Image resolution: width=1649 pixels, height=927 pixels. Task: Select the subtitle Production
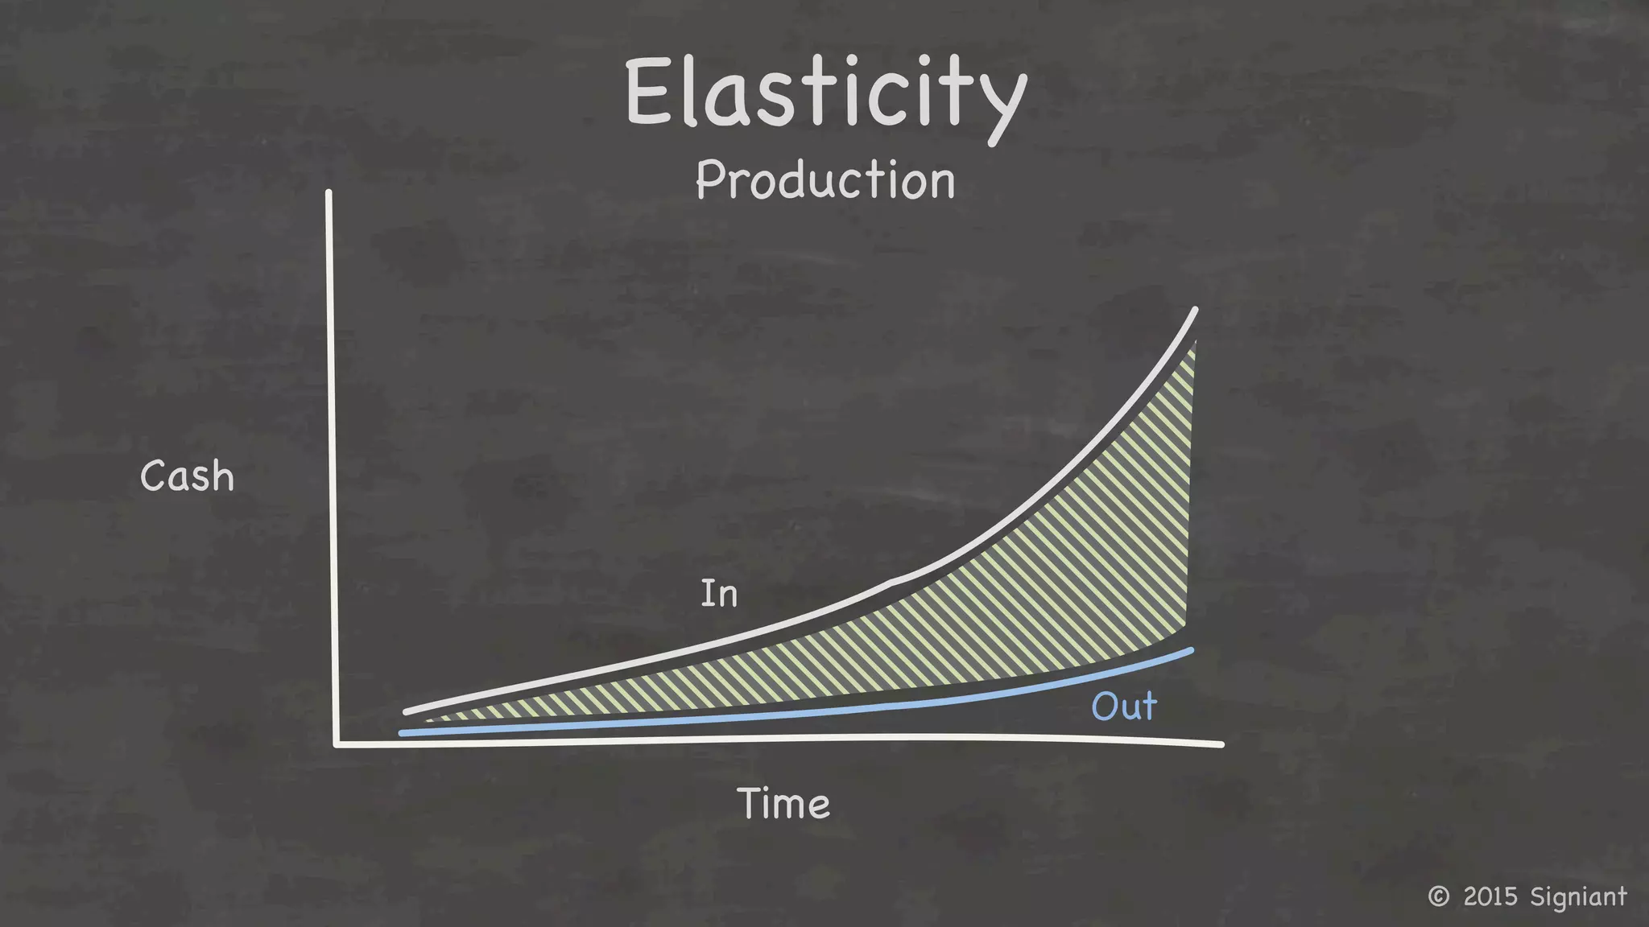click(x=825, y=180)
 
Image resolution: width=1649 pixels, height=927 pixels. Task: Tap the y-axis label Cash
click(x=187, y=476)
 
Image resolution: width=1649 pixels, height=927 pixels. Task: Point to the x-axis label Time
click(x=783, y=804)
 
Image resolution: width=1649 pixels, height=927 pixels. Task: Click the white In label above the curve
click(x=719, y=594)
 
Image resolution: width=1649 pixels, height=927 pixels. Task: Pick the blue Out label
click(x=1124, y=707)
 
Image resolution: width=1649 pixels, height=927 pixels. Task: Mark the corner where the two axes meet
click(x=337, y=743)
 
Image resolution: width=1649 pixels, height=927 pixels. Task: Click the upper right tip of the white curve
click(x=1195, y=311)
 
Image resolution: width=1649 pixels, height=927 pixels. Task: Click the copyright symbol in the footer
click(x=1438, y=896)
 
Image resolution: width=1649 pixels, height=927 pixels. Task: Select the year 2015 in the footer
click(x=1490, y=896)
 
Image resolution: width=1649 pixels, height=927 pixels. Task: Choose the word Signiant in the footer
click(x=1578, y=896)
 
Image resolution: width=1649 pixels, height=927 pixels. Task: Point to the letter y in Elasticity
click(x=1002, y=109)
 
